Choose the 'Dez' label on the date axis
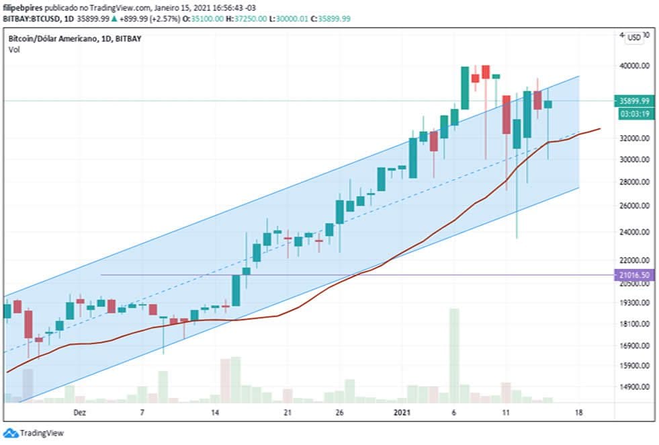coord(80,412)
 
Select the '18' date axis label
coord(578,412)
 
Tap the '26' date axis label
coord(340,412)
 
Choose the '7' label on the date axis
coord(142,412)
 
